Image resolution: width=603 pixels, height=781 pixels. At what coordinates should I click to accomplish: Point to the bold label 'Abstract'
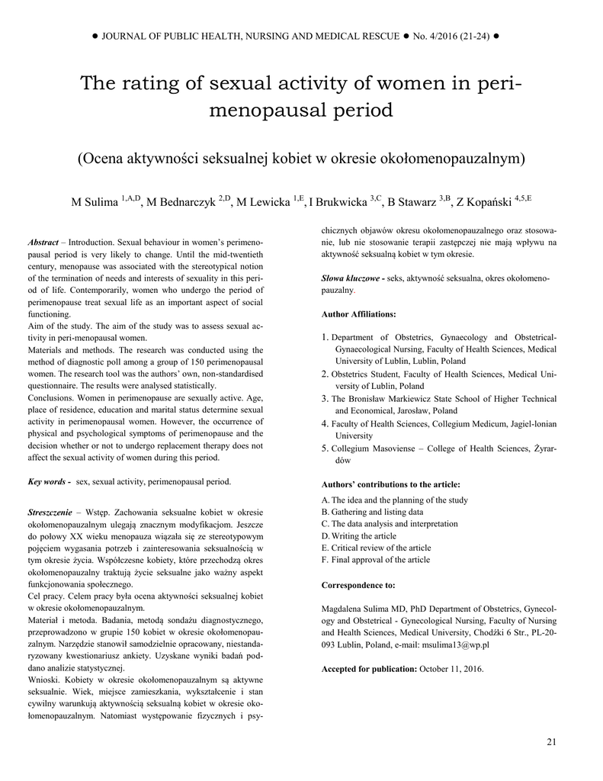[x=43, y=242]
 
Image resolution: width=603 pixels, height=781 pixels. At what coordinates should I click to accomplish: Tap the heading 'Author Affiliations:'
[x=358, y=313]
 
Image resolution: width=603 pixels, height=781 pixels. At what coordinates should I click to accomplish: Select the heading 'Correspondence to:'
[x=358, y=585]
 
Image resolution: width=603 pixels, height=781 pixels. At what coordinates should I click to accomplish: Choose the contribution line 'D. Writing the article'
[x=359, y=536]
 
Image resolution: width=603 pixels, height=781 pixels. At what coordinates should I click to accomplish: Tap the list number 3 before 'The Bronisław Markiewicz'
[x=325, y=399]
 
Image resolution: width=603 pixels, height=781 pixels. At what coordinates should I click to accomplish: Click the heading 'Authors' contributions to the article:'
[x=390, y=484]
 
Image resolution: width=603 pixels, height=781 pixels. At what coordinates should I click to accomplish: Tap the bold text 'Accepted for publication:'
[x=368, y=669]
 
